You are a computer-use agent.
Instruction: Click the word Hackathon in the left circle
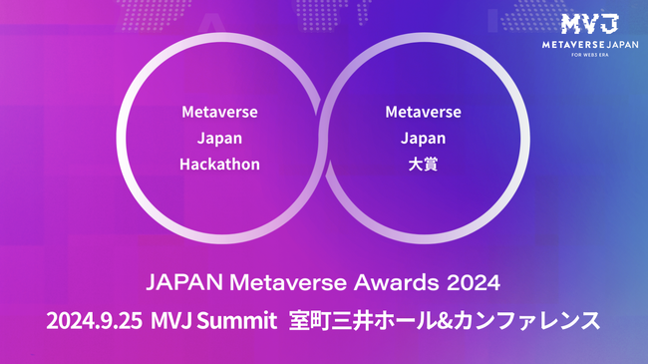pyautogui.click(x=219, y=165)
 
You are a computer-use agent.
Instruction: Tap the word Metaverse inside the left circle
pyautogui.click(x=219, y=111)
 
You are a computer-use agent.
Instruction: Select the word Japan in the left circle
pyautogui.click(x=219, y=138)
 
